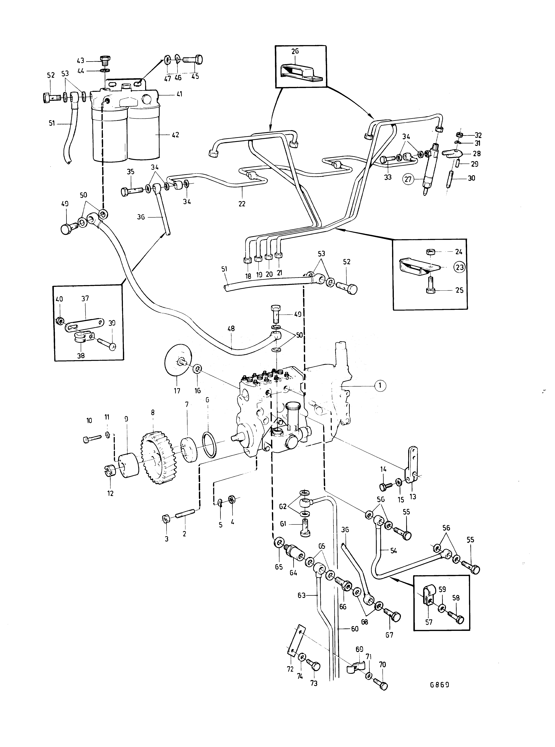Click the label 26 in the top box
pyautogui.click(x=295, y=51)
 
